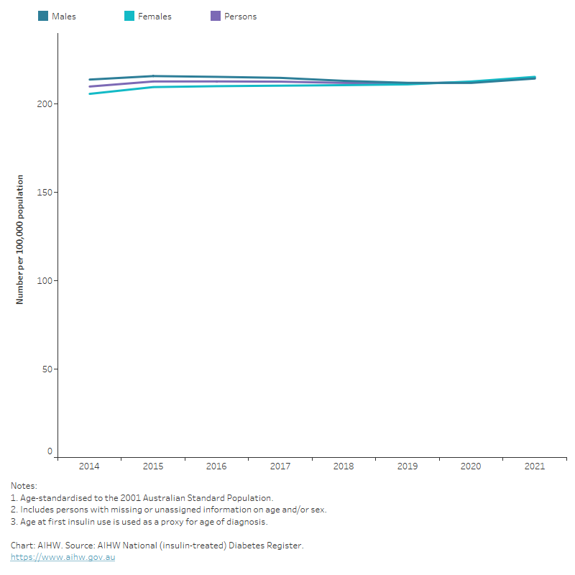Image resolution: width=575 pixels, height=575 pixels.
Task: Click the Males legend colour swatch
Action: pos(43,17)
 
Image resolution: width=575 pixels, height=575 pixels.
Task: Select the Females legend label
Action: pos(155,17)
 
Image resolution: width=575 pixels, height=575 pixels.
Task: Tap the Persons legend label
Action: pos(240,17)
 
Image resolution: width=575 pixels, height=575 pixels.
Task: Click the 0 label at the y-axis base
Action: pos(50,452)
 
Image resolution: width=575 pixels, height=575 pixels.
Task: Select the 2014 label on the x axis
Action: pos(89,466)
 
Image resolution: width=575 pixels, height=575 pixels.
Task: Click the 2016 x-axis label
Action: pos(216,466)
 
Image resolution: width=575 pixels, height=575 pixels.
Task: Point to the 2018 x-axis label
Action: pos(344,466)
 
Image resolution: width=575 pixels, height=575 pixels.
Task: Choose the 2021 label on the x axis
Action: pos(535,466)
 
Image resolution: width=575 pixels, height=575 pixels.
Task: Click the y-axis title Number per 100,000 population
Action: pos(20,239)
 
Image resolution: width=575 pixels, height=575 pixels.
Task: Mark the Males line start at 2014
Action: pos(89,80)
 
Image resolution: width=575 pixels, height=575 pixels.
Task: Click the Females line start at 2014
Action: pos(89,93)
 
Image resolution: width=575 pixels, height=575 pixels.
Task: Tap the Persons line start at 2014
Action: pos(89,86)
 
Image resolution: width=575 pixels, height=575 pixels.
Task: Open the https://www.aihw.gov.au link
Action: pos(63,557)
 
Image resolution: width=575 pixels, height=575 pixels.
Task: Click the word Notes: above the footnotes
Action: pos(24,487)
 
